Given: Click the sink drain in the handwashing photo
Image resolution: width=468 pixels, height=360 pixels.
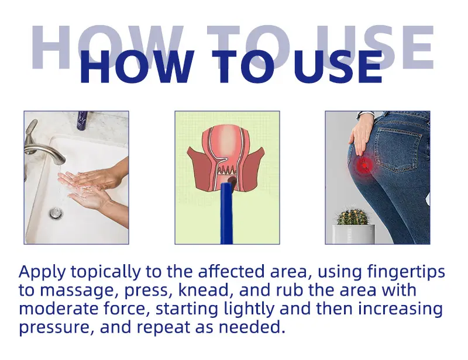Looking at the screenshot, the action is click(56, 213).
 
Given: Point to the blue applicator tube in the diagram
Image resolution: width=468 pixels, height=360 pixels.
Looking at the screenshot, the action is click(227, 213).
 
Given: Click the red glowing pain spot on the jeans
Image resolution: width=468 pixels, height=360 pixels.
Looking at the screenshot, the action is click(364, 165).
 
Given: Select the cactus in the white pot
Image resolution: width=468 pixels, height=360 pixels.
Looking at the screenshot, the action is click(353, 215).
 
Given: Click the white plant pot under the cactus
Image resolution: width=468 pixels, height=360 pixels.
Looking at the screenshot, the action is click(354, 234).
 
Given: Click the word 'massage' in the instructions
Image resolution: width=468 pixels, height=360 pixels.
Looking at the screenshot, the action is click(77, 291).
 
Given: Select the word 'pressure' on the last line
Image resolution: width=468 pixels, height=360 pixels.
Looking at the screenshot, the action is click(54, 328).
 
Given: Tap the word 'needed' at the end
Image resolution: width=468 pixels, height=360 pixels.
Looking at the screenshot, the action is click(250, 327).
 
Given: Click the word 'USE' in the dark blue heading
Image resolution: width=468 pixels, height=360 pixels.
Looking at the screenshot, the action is click(338, 67).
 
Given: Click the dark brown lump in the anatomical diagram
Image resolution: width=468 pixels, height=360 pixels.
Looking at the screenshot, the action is click(232, 181).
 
